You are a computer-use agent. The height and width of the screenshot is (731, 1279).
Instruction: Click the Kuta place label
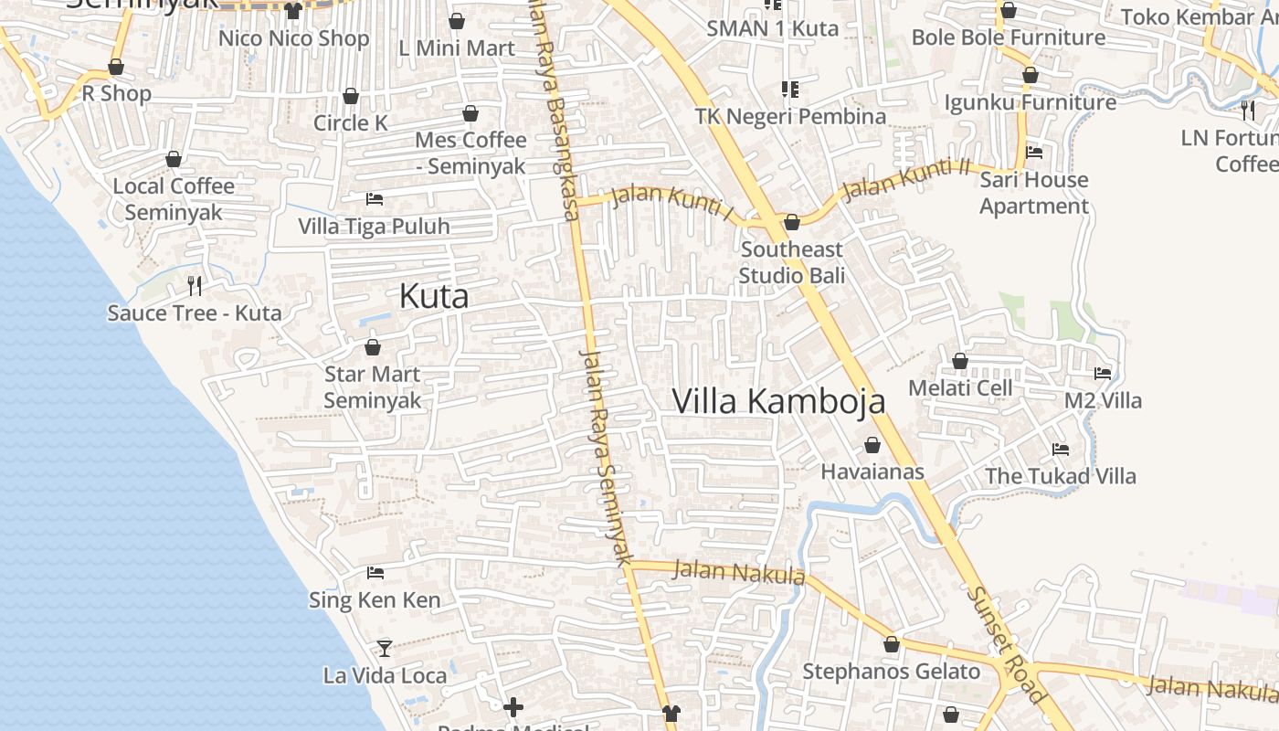tap(434, 296)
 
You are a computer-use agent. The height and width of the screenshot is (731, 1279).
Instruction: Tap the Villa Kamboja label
tap(778, 401)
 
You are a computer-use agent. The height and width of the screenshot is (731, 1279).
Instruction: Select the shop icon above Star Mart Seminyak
tap(373, 347)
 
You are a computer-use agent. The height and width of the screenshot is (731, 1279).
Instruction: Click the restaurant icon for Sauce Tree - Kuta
tap(195, 285)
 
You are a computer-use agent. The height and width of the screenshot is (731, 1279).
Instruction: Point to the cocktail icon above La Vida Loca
tap(385, 648)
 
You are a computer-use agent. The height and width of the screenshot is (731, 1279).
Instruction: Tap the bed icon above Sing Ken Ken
tap(375, 573)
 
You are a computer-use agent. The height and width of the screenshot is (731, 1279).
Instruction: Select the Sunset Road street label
tap(1006, 644)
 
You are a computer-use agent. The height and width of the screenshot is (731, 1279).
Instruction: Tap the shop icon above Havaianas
tap(872, 445)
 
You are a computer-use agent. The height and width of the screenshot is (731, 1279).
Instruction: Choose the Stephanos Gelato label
tap(891, 672)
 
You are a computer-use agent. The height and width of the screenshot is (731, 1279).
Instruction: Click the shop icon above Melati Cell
tap(960, 361)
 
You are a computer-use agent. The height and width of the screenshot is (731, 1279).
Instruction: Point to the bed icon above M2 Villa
tap(1103, 374)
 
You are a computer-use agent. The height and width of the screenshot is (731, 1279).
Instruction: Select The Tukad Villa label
tap(1060, 476)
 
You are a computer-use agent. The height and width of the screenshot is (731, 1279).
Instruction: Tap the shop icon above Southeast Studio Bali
tap(792, 222)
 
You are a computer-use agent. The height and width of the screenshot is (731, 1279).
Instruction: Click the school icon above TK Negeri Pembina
tap(790, 89)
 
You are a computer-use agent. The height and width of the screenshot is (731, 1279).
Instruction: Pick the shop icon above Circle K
tap(351, 96)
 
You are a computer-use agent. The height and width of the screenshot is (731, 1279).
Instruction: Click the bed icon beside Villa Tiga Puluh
tap(374, 198)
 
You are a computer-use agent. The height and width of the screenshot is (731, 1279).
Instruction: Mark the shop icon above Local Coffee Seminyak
tap(174, 159)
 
